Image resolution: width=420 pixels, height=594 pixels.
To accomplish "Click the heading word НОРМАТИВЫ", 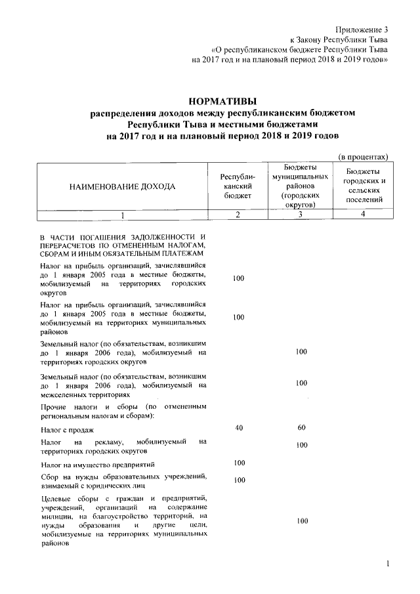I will pos(222,102).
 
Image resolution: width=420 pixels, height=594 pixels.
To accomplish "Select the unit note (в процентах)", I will pos(364,157).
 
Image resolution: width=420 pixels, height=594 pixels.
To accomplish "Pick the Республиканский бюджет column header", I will pos(238,186).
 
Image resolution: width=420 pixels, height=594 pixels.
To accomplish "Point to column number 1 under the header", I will pos(123,215).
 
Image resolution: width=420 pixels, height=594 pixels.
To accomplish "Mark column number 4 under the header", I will pos(364,215).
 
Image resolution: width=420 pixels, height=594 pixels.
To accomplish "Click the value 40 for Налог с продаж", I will pos(238,429).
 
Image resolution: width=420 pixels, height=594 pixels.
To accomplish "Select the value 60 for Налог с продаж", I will pos(301,429).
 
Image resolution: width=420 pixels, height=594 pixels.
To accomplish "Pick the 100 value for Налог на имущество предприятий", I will pos(238,463).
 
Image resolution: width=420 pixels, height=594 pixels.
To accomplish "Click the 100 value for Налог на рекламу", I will pos(301,446).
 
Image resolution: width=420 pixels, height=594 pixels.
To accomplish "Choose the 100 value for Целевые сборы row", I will pos(301,521).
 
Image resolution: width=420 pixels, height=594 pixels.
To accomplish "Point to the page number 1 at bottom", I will pos(388,564).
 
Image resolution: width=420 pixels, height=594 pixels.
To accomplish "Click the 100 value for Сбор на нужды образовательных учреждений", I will pos(238,480).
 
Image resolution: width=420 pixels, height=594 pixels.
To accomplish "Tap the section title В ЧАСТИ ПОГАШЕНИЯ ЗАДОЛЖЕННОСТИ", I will pos(123,245).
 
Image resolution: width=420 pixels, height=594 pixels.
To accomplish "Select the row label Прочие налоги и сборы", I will pos(123,413).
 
